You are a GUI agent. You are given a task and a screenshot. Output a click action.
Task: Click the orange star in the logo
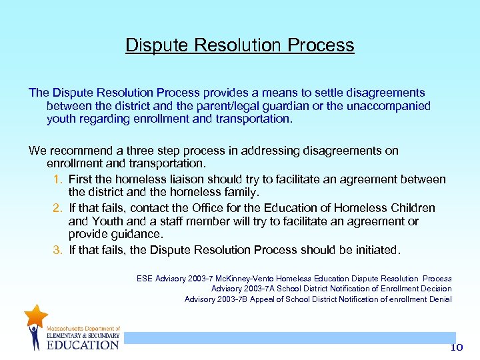point(35,316)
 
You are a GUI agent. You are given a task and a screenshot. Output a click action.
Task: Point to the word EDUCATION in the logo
point(83,345)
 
